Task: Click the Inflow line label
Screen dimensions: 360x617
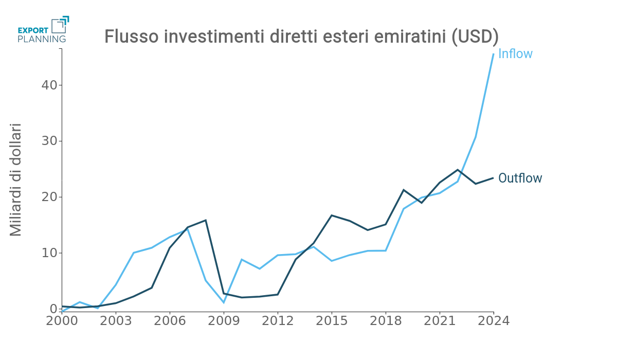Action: pos(515,54)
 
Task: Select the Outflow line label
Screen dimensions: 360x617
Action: pos(520,178)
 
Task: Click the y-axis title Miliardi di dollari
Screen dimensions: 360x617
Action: pos(16,180)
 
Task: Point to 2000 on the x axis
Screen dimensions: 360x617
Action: pos(62,321)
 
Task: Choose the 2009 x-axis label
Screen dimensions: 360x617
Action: pos(224,321)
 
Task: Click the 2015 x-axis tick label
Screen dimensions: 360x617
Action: pos(332,321)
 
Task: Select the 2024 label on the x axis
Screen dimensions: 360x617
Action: pos(494,321)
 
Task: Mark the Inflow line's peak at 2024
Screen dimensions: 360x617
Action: pos(494,54)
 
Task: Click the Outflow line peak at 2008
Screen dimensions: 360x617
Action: pos(206,220)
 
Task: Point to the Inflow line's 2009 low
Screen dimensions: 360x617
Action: pos(224,302)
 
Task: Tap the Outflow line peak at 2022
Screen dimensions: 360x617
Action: pos(458,170)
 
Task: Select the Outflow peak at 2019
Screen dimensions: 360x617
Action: pos(404,190)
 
